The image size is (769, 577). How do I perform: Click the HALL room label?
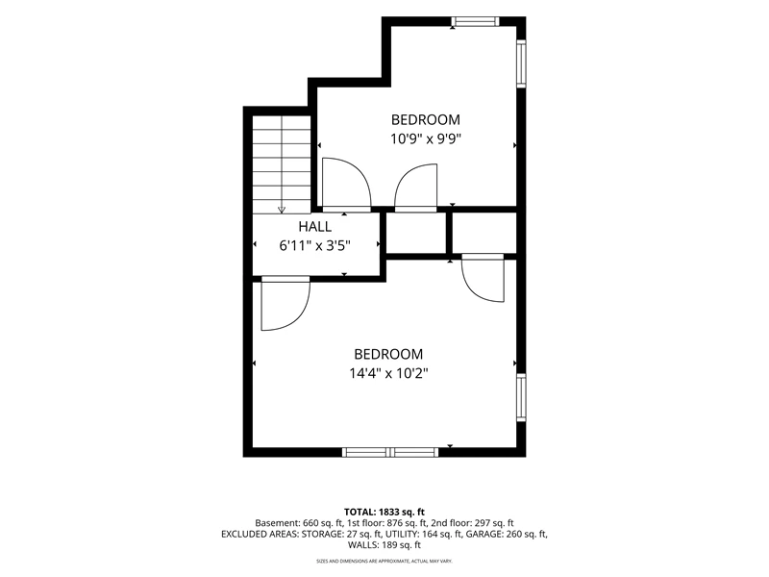[x=315, y=227]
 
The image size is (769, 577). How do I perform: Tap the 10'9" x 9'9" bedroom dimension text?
[x=426, y=139]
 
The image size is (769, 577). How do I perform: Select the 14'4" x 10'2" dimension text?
[x=388, y=374]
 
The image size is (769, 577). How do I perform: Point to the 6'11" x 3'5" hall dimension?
[x=315, y=245]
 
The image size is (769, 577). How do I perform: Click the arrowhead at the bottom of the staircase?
[x=282, y=210]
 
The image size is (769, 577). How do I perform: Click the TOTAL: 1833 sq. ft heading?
[x=384, y=513]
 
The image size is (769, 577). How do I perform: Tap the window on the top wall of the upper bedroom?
[x=475, y=21]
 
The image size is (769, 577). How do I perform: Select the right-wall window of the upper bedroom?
[x=521, y=63]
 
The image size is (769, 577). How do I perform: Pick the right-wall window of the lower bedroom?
[x=521, y=397]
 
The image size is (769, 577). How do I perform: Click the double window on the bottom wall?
[x=390, y=452]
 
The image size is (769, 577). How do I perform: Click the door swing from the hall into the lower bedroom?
[x=285, y=303]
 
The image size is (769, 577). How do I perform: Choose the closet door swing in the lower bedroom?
[x=484, y=278]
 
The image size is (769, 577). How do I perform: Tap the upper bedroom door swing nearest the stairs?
[x=346, y=185]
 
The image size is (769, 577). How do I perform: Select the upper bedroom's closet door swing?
[x=416, y=188]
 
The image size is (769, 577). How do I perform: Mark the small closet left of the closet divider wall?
[x=416, y=233]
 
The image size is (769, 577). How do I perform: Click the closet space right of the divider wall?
[x=484, y=233]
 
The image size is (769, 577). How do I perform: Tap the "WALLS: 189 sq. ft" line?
[x=384, y=544]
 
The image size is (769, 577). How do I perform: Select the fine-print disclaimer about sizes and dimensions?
[x=384, y=561]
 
